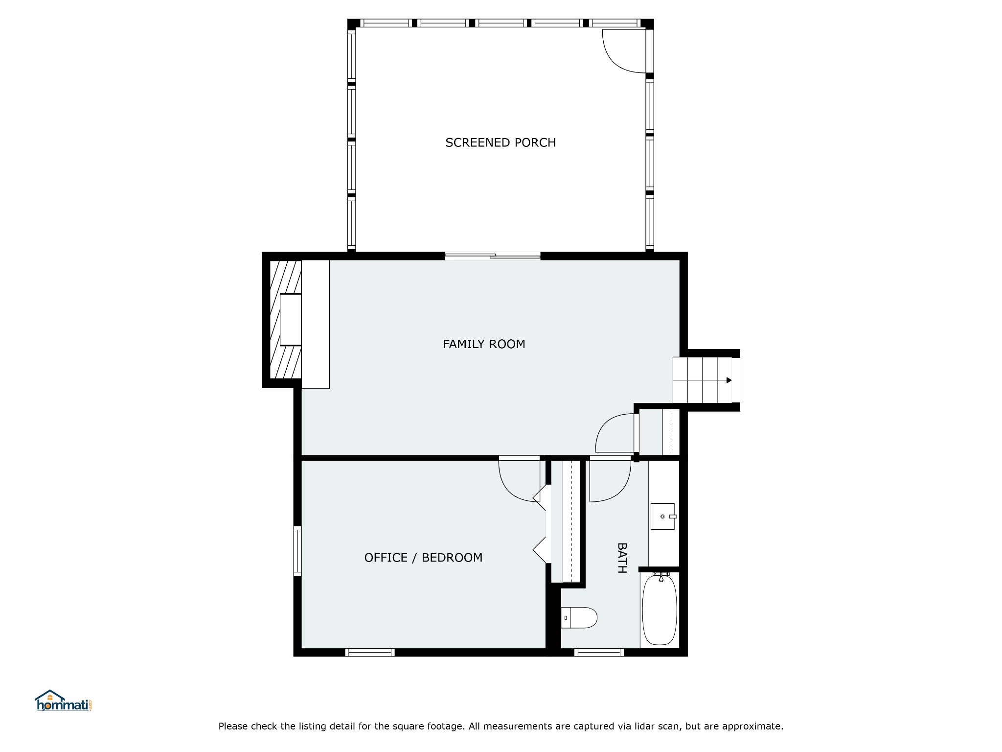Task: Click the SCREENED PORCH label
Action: click(x=501, y=142)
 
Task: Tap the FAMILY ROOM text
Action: click(x=484, y=344)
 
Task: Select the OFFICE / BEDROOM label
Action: click(x=423, y=558)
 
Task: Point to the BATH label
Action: click(x=622, y=558)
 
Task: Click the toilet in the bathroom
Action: click(x=579, y=618)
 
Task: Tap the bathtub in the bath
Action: click(x=660, y=610)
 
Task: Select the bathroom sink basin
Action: click(x=662, y=516)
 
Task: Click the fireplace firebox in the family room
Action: click(x=291, y=319)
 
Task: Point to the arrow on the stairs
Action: click(x=729, y=380)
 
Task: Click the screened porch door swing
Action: click(x=624, y=51)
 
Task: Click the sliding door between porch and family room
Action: click(x=493, y=256)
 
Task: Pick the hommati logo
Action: click(x=64, y=701)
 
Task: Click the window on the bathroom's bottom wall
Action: click(x=599, y=652)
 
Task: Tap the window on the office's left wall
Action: click(x=297, y=551)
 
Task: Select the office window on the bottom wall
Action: click(x=370, y=652)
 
